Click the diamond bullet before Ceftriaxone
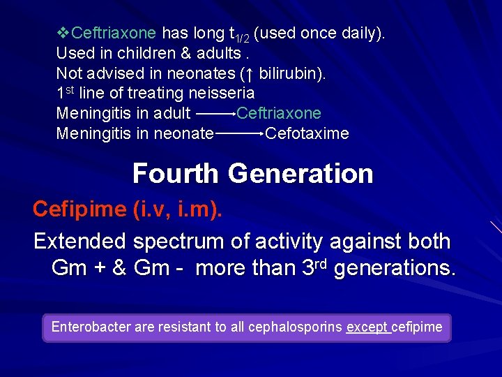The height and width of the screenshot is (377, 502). point(63,33)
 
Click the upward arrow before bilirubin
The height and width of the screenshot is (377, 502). point(250,73)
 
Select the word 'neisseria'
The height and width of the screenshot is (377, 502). point(221,93)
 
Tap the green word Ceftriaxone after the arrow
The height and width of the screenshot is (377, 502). point(279,113)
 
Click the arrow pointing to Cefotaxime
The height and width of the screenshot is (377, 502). point(239,133)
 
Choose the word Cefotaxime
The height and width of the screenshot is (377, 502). point(307,133)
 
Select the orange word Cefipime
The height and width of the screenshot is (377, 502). point(79,209)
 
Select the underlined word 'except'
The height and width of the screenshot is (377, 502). point(367,327)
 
